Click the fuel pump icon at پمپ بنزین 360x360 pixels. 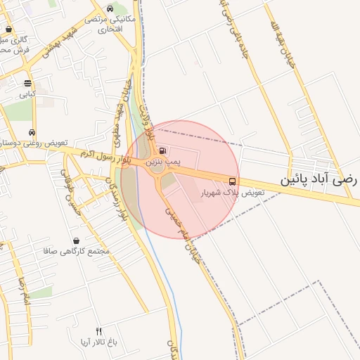click(x=163, y=150)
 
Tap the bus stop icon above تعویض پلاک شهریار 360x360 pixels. click(x=233, y=181)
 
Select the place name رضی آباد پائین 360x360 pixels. click(x=320, y=179)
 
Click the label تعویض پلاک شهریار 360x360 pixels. click(x=233, y=192)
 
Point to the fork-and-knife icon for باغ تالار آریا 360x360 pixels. click(x=98, y=331)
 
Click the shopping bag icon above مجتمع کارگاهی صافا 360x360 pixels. click(x=76, y=240)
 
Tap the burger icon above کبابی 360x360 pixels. click(x=27, y=83)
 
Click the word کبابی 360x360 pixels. click(x=27, y=94)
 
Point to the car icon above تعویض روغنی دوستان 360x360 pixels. click(x=32, y=132)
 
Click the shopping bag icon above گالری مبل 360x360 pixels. click(x=8, y=30)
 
